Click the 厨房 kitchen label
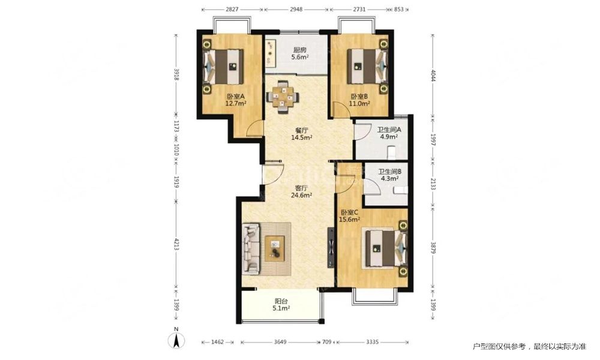pos(299,50)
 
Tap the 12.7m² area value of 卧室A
pos(235,103)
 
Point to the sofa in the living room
pos(251,248)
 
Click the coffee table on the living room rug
pos(275,248)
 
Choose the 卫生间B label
pos(390,172)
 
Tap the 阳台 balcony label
pos(281,301)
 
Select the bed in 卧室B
pos(367,66)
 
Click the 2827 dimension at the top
pos(232,9)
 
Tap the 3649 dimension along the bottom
pos(280,342)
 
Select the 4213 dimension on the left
pos(176,244)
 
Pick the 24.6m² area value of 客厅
pos(302,195)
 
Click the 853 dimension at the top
pos(399,9)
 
